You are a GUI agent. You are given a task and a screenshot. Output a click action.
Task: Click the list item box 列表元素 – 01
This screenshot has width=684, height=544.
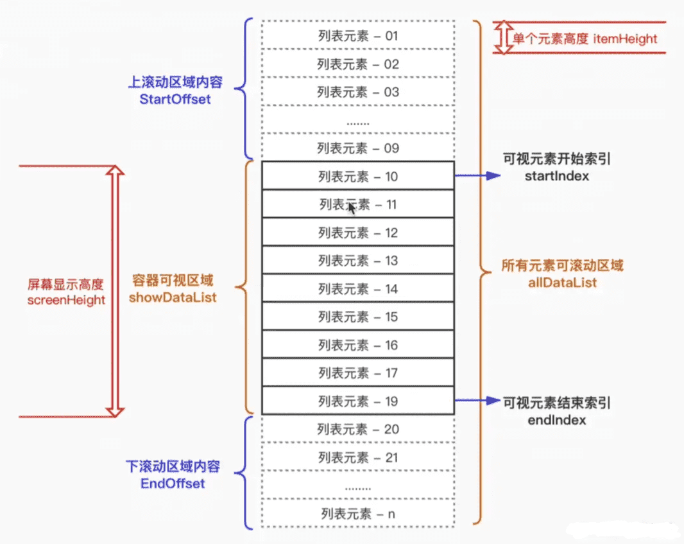(357, 36)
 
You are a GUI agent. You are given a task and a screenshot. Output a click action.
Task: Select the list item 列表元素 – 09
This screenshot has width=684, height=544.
(357, 148)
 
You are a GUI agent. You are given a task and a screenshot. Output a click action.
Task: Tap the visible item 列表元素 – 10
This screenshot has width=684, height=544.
(357, 177)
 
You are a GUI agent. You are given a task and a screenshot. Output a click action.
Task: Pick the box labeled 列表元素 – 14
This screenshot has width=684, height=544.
(357, 289)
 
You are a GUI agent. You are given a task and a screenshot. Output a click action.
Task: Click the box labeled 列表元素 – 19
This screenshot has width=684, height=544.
(357, 401)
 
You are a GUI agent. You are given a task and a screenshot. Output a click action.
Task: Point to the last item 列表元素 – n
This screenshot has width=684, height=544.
(357, 514)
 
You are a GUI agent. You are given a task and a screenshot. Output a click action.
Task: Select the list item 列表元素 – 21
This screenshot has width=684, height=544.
(357, 458)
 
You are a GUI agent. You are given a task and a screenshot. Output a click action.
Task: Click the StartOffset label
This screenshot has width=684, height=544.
(175, 100)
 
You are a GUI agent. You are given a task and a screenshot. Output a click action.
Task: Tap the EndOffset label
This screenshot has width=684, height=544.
(173, 483)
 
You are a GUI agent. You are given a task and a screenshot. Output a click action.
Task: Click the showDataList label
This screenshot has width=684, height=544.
(173, 297)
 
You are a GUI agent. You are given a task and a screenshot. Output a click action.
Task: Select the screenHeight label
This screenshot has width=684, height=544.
(66, 300)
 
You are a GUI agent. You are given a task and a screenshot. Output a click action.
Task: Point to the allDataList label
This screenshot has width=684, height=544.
(562, 282)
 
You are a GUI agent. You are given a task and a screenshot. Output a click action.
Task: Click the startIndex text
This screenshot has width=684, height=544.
(556, 175)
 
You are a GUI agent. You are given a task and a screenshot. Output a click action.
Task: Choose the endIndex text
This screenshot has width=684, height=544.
(556, 420)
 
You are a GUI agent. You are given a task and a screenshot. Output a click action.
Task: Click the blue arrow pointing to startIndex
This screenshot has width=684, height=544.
(477, 175)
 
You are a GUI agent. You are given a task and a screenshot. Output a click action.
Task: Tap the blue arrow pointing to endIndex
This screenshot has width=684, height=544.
(477, 401)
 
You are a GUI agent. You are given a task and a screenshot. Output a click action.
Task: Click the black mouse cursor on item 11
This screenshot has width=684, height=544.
(352, 207)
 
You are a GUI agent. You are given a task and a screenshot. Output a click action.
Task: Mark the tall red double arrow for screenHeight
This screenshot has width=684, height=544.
(114, 291)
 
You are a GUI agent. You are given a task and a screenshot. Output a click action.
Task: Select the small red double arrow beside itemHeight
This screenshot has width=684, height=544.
(504, 37)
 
